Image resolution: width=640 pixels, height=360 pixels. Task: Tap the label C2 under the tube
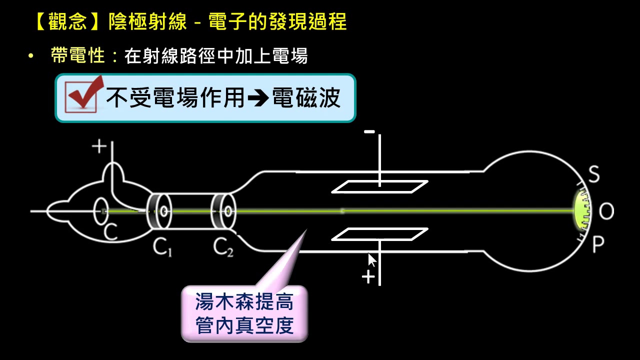[222, 247]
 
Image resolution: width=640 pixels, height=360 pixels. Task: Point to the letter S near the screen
[593, 175]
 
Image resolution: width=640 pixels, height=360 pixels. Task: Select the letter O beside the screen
[606, 212]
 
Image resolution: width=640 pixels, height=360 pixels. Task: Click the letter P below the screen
[598, 244]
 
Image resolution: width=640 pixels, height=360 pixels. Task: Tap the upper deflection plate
[380, 186]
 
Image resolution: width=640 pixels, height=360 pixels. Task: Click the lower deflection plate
[380, 234]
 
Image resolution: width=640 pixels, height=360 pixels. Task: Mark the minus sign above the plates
[369, 132]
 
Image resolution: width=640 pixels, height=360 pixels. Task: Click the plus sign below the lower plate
[368, 277]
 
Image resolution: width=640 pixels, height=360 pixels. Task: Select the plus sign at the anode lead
[99, 146]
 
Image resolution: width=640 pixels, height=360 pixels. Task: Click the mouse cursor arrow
[372, 260]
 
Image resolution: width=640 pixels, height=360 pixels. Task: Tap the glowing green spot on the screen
[580, 210]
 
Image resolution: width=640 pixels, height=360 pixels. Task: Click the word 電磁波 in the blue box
[306, 98]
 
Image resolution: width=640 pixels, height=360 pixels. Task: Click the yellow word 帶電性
[78, 55]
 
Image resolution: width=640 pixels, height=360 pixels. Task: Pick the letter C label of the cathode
[110, 231]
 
